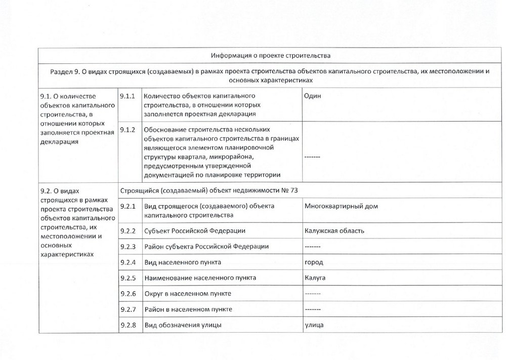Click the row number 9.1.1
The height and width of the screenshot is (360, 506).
(129, 96)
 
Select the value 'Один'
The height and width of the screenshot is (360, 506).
(312, 96)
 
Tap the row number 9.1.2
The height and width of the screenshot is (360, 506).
(129, 130)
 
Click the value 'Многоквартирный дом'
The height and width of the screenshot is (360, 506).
(342, 206)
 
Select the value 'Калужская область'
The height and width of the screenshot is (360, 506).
(334, 231)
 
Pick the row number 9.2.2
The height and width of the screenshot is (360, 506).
(129, 231)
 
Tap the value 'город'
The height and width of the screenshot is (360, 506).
(314, 262)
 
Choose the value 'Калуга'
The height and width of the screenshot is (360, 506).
(315, 278)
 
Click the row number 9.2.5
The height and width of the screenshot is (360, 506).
(129, 278)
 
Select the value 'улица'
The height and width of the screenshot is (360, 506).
(314, 325)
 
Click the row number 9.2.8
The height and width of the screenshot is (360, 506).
(129, 325)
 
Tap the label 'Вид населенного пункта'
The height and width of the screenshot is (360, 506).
(183, 262)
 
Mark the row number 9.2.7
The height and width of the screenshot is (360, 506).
(129, 309)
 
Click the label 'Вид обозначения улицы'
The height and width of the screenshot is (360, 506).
(183, 325)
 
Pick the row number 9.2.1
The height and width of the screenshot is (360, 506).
(129, 206)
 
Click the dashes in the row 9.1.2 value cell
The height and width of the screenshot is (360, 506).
(312, 157)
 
